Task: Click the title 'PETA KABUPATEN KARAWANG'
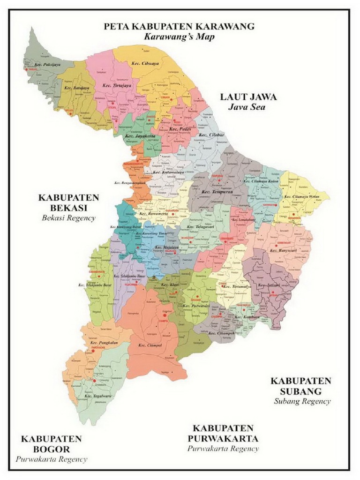179,26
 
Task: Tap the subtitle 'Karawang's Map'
179,37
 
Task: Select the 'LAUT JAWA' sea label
248,97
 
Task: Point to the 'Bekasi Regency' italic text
68,217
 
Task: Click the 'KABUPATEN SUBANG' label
301,385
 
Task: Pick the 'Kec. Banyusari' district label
284,250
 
